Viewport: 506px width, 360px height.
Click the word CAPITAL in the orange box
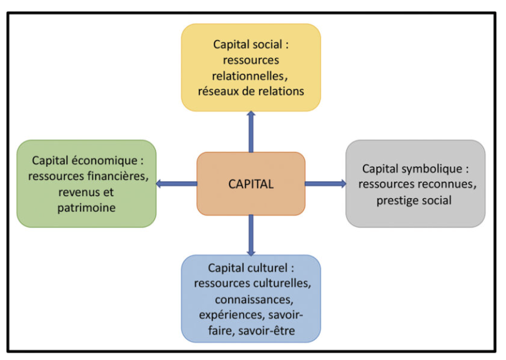coord(251,184)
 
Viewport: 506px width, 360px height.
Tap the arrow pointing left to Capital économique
coord(176,184)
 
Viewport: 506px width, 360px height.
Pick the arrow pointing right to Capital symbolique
coord(325,184)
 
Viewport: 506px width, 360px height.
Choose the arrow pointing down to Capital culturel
coord(251,235)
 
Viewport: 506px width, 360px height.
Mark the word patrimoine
coord(86,207)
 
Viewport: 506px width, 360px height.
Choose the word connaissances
coord(251,299)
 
